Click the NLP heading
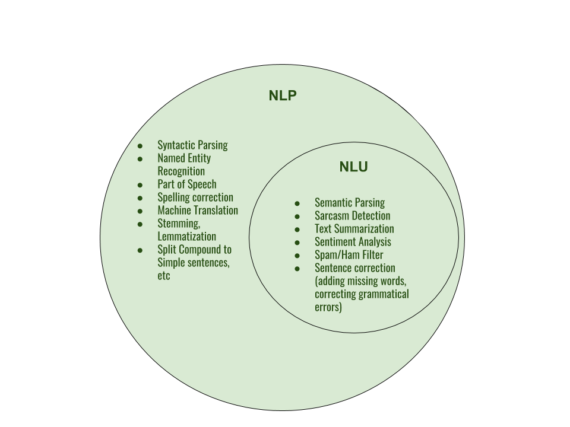click(283, 96)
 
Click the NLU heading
click(353, 167)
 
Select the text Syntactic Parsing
click(192, 145)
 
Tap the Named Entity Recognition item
click(183, 165)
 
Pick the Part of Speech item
click(186, 184)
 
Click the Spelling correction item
click(195, 197)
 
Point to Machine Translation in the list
click(197, 211)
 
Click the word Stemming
click(179, 224)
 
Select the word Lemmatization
click(186, 237)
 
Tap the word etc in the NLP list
click(163, 276)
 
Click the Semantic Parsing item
click(349, 203)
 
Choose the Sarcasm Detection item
click(352, 216)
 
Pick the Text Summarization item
click(354, 229)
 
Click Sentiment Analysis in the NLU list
click(353, 242)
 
